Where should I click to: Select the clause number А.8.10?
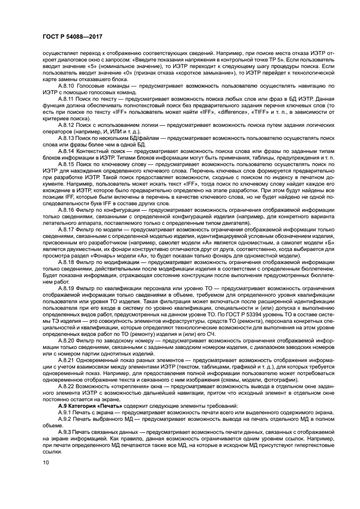coord(67,86)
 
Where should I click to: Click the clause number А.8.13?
coord(67,139)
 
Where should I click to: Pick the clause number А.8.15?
coord(67,163)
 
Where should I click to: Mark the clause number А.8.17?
coord(67,230)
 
